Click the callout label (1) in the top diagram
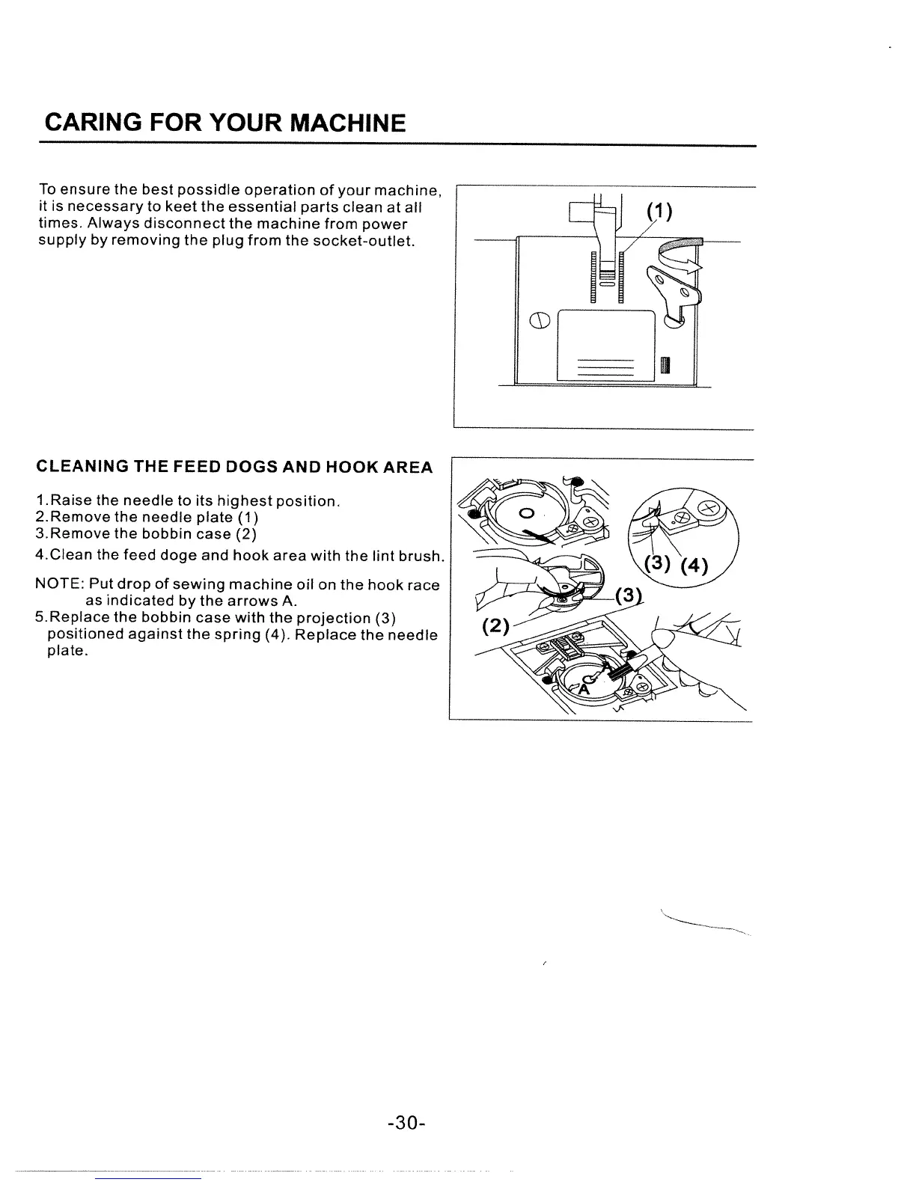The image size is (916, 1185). point(659,212)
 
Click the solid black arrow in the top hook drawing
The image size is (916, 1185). point(540,533)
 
